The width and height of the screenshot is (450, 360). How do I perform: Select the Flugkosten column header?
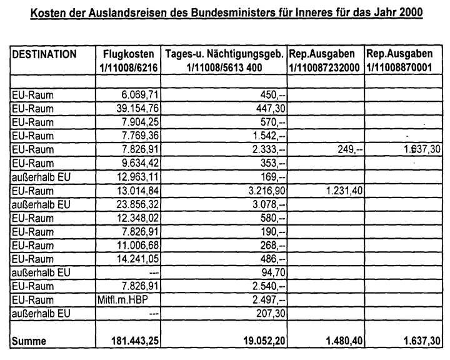click(x=129, y=54)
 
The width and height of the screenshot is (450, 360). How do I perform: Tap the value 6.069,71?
click(x=137, y=94)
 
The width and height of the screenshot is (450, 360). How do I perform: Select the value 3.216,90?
click(x=262, y=190)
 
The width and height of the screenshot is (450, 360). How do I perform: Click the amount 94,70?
click(x=272, y=273)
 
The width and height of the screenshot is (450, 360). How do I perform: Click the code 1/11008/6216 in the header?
click(x=129, y=67)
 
